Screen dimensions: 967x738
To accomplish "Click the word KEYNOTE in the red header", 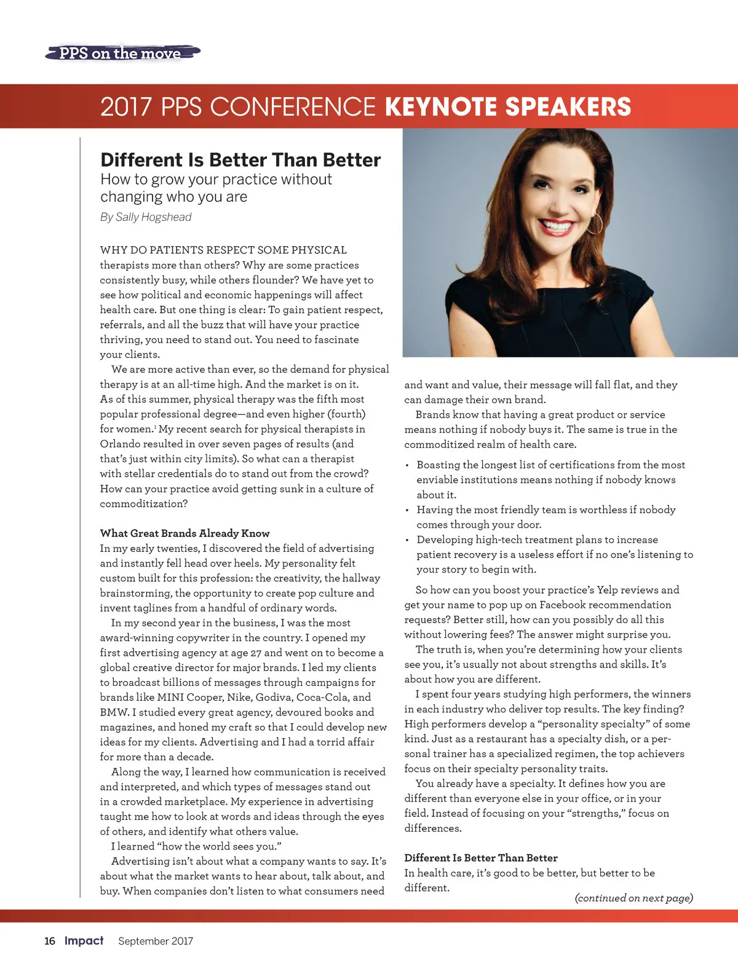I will click(x=440, y=106).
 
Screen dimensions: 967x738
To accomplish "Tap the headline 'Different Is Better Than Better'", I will click(x=240, y=160).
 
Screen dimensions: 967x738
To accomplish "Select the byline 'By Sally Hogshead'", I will click(x=146, y=217).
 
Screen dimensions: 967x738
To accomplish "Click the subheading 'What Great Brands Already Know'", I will click(x=184, y=533).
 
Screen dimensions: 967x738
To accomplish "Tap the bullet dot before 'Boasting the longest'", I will click(x=407, y=466).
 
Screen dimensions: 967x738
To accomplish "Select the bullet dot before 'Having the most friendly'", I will click(x=407, y=511).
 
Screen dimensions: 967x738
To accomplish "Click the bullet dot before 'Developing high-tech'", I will click(x=407, y=540).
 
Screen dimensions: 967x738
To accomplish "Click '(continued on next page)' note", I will click(x=633, y=898).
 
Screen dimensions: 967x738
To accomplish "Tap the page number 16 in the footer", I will click(x=50, y=941).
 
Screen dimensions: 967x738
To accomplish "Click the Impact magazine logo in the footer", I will click(x=84, y=941).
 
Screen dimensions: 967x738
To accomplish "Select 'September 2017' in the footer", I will click(x=156, y=941).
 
